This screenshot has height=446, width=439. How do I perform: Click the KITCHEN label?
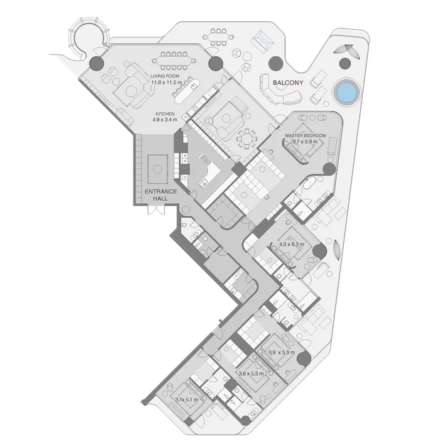(166, 114)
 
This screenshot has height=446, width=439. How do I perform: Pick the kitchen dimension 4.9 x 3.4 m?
(166, 120)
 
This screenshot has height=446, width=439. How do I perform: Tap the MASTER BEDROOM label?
(305, 135)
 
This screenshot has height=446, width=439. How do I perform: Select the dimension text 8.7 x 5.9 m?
(305, 141)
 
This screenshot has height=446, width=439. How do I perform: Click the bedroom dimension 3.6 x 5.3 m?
(251, 374)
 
